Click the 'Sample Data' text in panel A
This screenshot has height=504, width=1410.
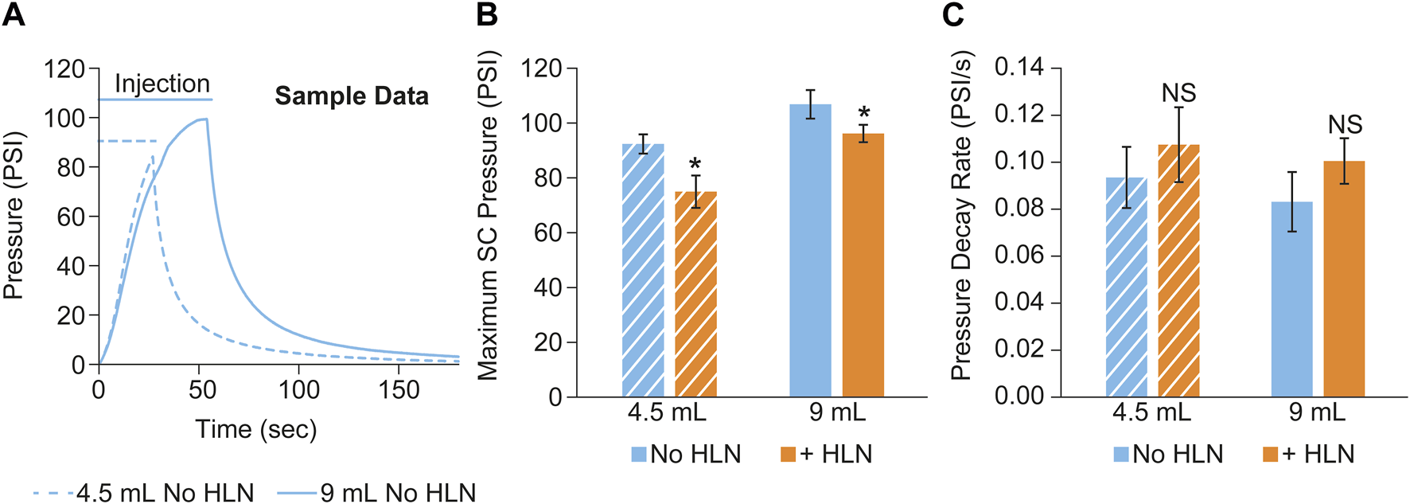[352, 96]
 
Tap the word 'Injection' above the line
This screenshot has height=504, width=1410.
[162, 83]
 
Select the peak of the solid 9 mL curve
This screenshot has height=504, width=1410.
[204, 119]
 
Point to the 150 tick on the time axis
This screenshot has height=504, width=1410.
[399, 390]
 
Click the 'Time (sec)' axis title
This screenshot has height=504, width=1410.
[256, 429]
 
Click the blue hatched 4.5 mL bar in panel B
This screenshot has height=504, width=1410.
[643, 271]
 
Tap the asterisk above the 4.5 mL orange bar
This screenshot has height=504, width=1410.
[695, 166]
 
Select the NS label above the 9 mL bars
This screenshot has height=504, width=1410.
[1345, 125]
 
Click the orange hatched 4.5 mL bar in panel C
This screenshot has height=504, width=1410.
[1178, 271]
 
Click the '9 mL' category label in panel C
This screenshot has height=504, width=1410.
[1317, 412]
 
